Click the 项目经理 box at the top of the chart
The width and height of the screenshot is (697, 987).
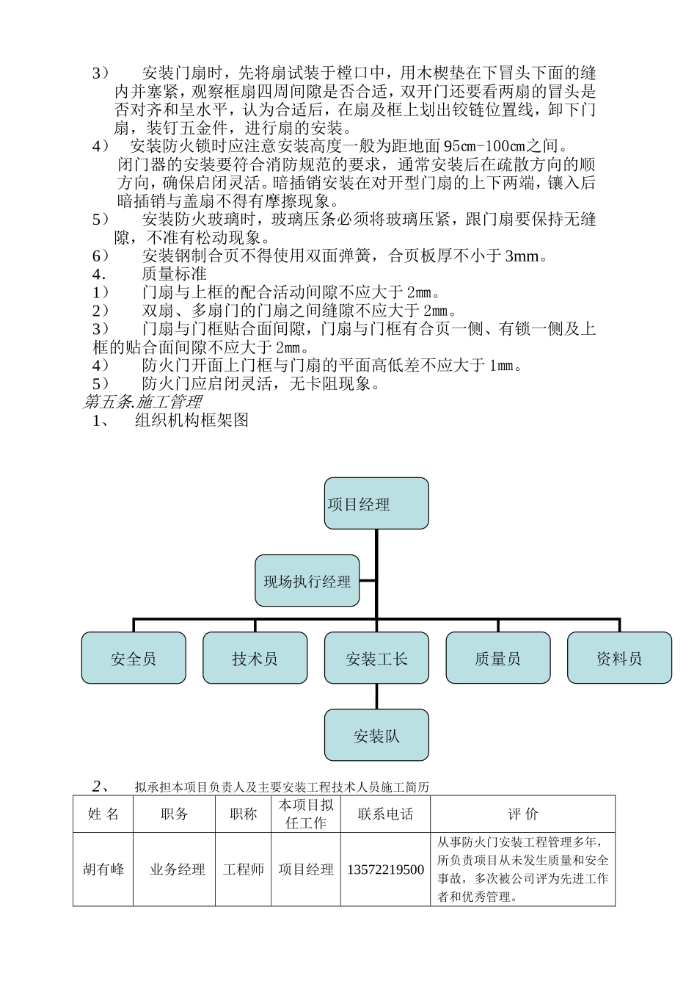(x=376, y=504)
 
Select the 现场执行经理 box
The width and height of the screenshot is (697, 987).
(x=307, y=581)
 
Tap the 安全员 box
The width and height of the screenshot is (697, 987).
(x=134, y=658)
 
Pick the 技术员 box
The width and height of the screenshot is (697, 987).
(x=255, y=658)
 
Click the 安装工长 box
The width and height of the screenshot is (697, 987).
(x=376, y=658)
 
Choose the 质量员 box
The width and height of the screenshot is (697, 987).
(x=498, y=658)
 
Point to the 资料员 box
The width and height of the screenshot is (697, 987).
(x=619, y=658)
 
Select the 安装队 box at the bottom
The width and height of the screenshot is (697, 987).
(x=376, y=735)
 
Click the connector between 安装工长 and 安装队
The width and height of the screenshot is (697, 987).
(x=376, y=696)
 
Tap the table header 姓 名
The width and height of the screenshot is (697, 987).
(x=103, y=814)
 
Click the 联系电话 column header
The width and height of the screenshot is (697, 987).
(x=385, y=814)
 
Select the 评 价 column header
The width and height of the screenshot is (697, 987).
(x=522, y=814)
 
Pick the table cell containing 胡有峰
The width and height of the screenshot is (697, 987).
(x=103, y=869)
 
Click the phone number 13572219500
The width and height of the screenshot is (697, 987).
(x=385, y=869)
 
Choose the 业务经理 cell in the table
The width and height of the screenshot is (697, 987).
(x=177, y=869)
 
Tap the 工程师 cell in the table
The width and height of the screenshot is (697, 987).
(x=244, y=869)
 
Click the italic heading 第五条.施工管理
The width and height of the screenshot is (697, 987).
(x=142, y=402)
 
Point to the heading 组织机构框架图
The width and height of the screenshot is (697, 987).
(x=192, y=420)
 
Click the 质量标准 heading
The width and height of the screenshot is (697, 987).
(x=174, y=275)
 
